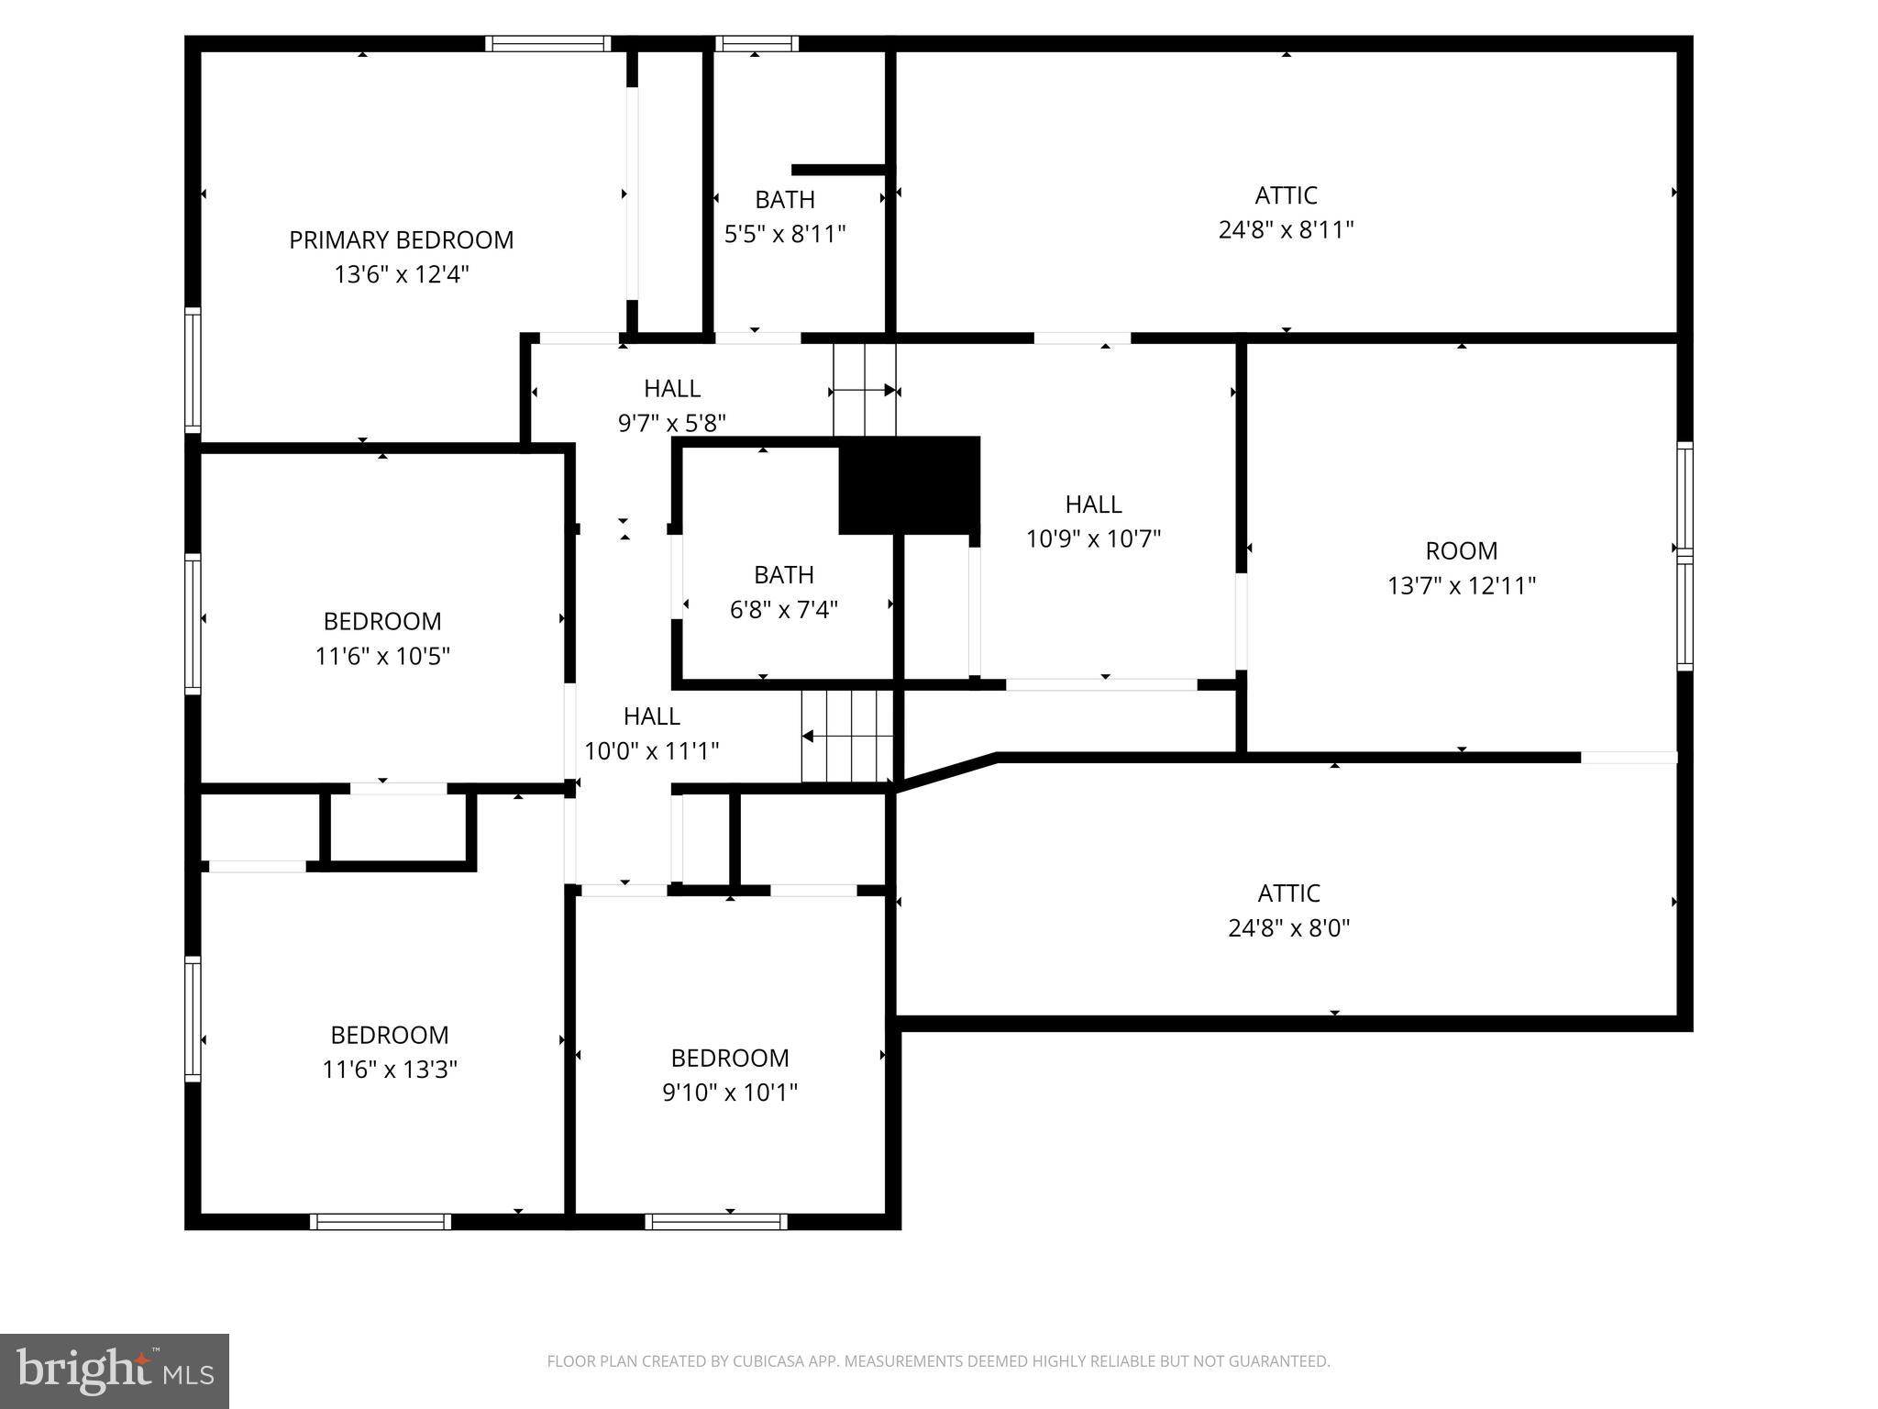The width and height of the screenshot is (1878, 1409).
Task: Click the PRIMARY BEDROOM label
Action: point(401,240)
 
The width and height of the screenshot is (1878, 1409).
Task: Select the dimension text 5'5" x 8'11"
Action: point(784,234)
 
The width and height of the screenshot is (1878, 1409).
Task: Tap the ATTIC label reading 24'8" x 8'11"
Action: point(1286,213)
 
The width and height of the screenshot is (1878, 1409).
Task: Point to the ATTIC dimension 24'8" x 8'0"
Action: point(1288,928)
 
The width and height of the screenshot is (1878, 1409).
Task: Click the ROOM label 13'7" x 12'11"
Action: point(1461,568)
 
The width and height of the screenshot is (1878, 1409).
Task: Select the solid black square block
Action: point(909,485)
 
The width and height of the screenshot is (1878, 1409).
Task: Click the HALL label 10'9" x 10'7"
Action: point(1093,521)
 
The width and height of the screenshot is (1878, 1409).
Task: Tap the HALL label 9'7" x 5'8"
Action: point(671,405)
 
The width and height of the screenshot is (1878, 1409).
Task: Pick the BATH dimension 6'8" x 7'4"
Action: point(783,609)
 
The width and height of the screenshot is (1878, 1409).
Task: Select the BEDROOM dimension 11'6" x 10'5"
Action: point(382,656)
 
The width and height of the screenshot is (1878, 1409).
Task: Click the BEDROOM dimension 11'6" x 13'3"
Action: point(389,1070)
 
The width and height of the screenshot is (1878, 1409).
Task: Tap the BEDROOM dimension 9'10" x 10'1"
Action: point(730,1093)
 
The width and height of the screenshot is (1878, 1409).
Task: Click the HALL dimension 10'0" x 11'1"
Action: point(651,751)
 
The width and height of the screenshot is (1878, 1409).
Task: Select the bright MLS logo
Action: point(115,1370)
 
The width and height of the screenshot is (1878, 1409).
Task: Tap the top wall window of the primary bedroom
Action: point(547,43)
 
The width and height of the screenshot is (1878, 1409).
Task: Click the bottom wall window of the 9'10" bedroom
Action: point(715,1221)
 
